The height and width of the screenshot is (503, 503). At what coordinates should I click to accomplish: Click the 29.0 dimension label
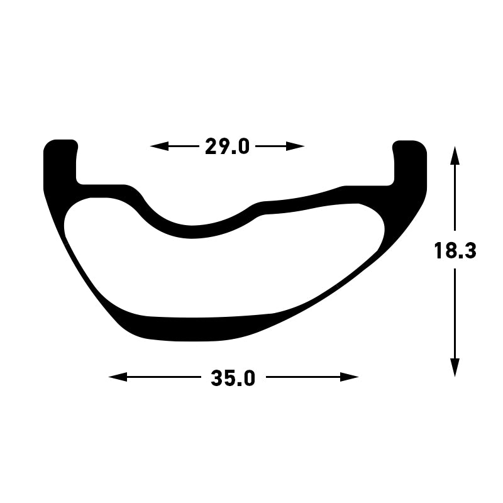pyautogui.click(x=227, y=146)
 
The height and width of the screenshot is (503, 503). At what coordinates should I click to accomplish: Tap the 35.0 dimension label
pyautogui.click(x=233, y=378)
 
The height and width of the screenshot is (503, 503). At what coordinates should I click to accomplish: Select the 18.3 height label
pyautogui.click(x=455, y=251)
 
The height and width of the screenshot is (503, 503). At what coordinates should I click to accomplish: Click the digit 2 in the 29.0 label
pyautogui.click(x=212, y=146)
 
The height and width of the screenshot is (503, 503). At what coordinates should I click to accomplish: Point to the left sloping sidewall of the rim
pyautogui.click(x=82, y=264)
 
